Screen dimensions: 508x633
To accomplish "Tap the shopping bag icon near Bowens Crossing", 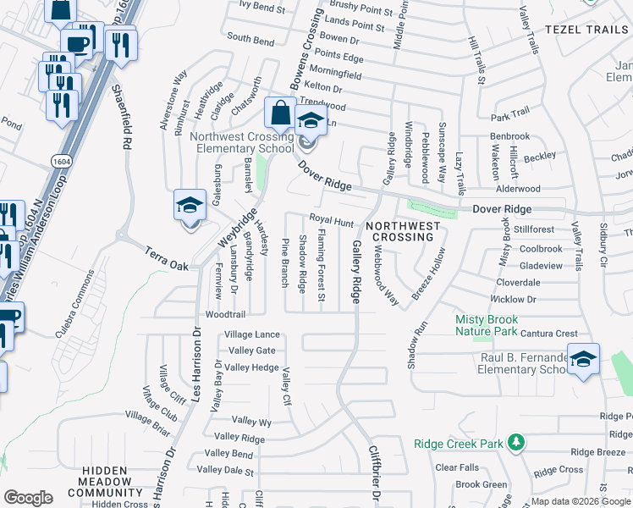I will pos(280,112).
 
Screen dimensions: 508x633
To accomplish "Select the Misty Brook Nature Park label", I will pos(486,325).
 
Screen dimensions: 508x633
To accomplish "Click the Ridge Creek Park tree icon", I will pos(515,443).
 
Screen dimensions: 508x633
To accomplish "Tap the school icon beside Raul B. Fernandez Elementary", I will pos(582,360).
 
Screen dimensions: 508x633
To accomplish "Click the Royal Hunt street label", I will pos(331,221).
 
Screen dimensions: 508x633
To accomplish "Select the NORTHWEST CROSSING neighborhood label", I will pos(403,232).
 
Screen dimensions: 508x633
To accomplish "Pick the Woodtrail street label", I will pos(224,314).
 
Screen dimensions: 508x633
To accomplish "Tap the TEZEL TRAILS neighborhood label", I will pos(587,29).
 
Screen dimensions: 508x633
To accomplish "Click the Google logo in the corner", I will pos(28,497).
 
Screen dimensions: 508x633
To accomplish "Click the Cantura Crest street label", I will pos(549,334).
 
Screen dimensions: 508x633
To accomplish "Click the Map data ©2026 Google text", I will pos(581,501).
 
